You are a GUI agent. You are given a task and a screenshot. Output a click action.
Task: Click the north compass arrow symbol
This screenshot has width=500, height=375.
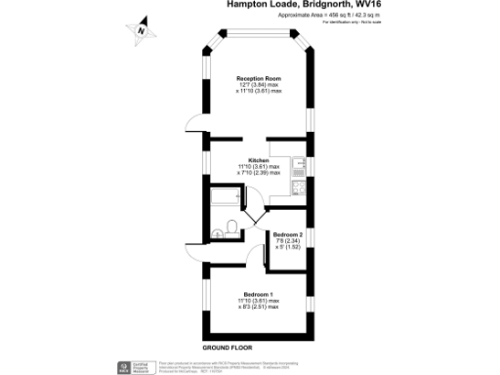coord(143,29)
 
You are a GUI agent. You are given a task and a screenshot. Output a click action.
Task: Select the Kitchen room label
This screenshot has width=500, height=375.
coord(258,160)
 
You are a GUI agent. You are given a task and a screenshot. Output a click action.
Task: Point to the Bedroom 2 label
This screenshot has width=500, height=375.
coord(288,235)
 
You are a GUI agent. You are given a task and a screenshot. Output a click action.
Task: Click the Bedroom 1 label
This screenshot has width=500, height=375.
coord(259,294)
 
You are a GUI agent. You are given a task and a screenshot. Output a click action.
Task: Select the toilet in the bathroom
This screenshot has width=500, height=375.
coord(227,231)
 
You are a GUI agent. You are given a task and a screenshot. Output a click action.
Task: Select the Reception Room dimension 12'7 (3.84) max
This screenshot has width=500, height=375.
coord(259,86)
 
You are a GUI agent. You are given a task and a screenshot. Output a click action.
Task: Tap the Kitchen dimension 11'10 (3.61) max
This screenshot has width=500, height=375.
coord(259,166)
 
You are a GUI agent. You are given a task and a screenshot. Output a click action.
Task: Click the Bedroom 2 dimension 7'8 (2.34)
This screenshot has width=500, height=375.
coord(288,241)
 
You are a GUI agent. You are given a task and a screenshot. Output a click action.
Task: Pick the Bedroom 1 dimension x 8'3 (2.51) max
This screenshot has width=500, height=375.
coord(259,307)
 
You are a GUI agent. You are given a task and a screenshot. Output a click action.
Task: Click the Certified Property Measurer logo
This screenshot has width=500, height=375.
coord(136,367)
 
